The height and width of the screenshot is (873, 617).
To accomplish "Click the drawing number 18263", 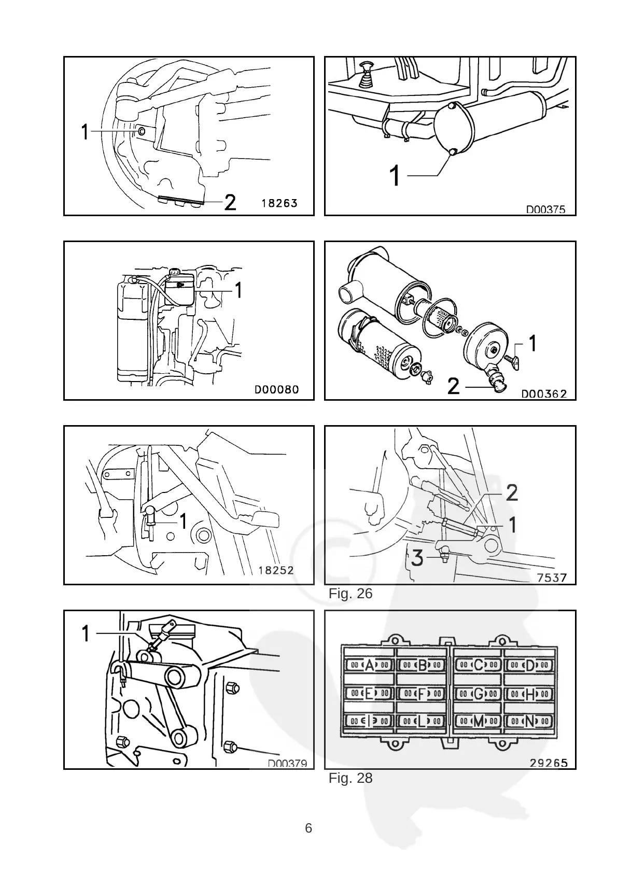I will (279, 203).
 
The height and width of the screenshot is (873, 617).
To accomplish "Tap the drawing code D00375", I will (545, 209).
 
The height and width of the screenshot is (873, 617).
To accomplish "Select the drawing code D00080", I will (276, 389).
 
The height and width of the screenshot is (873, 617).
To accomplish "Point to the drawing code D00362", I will (544, 393).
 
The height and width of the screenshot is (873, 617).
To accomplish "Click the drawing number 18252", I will (276, 570).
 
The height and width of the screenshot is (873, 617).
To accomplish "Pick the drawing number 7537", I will (552, 577).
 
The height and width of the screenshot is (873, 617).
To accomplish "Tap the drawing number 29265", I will (549, 763).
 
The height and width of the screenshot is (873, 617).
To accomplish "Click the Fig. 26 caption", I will (350, 594).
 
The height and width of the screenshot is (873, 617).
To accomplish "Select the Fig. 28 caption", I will (350, 778).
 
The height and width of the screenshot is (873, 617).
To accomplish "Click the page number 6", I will (308, 828).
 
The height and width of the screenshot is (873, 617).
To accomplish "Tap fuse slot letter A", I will (369, 665).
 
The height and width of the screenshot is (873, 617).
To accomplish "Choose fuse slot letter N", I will (529, 721).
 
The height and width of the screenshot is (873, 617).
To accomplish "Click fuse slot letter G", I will (478, 693).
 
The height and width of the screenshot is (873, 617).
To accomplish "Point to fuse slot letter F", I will (422, 693).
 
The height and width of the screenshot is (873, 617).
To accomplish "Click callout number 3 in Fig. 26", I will (418, 559).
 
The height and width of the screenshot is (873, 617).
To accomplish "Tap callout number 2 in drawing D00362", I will (453, 386).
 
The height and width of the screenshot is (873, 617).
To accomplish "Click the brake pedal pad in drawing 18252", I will (265, 519).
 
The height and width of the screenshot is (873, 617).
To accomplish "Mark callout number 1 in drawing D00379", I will (86, 633).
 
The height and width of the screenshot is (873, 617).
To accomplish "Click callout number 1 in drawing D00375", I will (395, 176).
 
